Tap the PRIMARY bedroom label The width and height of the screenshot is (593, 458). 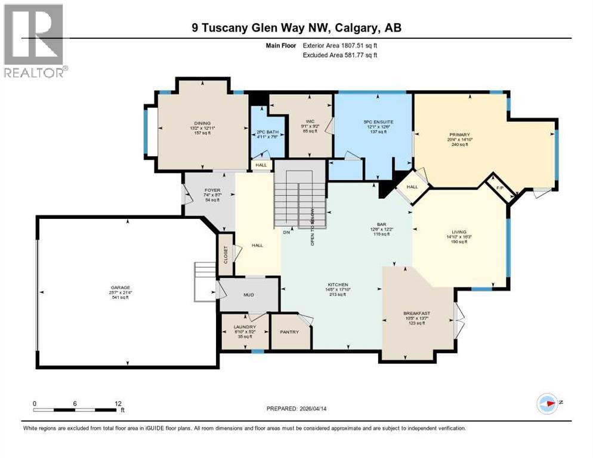[x=459, y=135]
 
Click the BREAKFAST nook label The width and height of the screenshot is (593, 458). [x=416, y=314]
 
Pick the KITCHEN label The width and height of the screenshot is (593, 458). [x=338, y=284]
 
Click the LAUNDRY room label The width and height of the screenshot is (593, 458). [x=245, y=327]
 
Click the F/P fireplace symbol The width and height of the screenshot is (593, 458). [x=500, y=187]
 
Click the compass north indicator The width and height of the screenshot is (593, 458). [x=546, y=403]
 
